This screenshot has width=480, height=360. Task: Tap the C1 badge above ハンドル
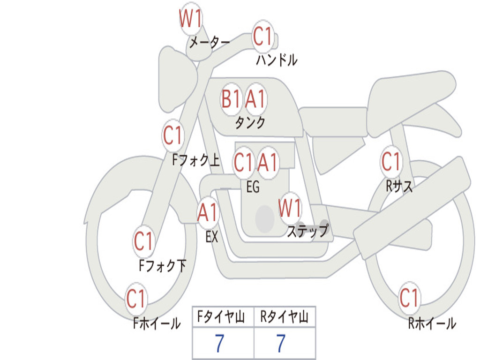pos(263,36)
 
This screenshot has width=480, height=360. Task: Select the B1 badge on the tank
pos(231,99)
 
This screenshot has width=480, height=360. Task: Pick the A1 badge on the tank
pos(256,99)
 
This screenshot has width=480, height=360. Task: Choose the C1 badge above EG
pos(243,163)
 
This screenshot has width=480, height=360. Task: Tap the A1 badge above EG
pos(268,163)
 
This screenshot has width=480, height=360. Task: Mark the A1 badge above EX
pos(208,213)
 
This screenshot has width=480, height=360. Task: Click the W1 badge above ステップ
pos(290,208)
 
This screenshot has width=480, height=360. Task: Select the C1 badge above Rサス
pos(391,162)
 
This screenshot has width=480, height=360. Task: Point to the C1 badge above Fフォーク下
pos(143,242)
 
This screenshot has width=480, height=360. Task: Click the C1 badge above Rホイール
pos(409,298)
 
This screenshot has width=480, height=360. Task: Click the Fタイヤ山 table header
pos(223,318)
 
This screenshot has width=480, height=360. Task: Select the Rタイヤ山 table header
pos(285,318)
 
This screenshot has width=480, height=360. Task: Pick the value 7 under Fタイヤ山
pos(219,344)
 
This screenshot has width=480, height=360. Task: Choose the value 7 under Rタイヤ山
pos(281,344)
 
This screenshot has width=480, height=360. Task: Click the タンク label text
pos(250,123)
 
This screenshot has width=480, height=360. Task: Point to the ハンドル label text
pos(277,60)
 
